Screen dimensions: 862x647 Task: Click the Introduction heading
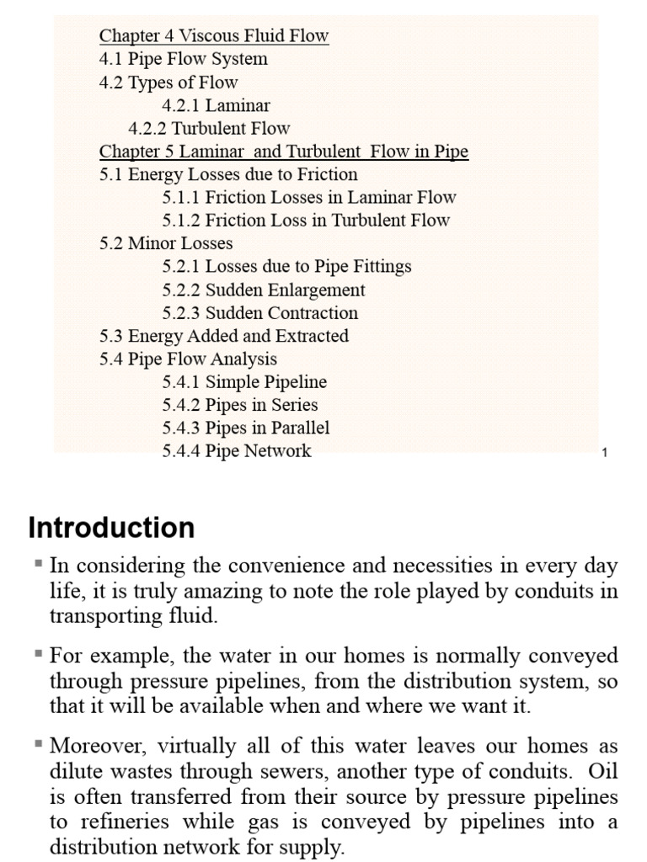[111, 528]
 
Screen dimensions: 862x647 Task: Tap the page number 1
[605, 453]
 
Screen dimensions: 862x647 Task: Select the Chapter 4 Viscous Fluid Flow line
[214, 36]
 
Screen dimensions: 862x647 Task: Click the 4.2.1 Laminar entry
[216, 105]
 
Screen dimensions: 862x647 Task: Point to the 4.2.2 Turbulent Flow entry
[209, 129]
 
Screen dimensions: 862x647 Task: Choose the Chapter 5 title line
[284, 152]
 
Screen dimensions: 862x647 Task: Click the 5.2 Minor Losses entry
[166, 243]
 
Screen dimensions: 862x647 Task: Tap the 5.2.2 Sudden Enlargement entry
[264, 290]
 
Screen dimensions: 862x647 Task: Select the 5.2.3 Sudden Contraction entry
[260, 313]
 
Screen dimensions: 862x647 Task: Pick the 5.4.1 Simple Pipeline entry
[244, 381]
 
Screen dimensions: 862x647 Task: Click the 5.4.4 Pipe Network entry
[237, 450]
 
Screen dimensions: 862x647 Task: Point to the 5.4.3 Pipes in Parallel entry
[246, 428]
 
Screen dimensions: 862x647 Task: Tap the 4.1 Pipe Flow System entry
[184, 59]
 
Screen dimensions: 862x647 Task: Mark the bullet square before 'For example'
[39, 653]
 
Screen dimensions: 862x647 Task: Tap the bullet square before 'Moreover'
[39, 744]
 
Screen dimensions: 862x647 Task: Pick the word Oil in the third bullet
[602, 771]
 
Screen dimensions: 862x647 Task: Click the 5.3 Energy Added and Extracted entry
[224, 336]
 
